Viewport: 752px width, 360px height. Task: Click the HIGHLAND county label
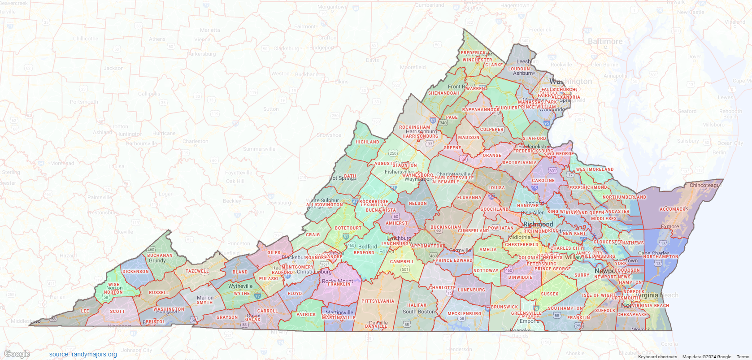point(367,142)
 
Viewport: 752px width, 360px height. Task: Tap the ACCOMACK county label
point(674,209)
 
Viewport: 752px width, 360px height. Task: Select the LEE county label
point(85,311)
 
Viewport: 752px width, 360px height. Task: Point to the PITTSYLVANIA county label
point(378,301)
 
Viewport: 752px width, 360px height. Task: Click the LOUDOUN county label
point(519,69)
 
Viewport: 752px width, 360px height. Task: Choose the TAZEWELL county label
point(197,271)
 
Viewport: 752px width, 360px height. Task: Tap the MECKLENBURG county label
point(464,314)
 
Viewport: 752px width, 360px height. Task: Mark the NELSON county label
point(418,204)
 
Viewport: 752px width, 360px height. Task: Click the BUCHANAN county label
point(160,256)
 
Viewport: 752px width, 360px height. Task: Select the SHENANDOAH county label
point(443,93)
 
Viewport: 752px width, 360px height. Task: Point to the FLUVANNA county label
point(469,198)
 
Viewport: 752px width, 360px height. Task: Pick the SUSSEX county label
point(549,294)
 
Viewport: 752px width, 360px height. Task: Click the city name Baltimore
point(605,41)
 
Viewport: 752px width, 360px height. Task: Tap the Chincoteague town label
point(704,185)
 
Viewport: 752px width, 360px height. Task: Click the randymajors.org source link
point(83,354)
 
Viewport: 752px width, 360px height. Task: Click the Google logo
point(17,354)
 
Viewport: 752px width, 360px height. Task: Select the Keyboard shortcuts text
point(657,357)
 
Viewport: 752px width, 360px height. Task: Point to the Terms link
point(743,357)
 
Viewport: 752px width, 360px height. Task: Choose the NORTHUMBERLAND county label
point(624,197)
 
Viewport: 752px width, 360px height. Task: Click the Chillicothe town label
point(85,39)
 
